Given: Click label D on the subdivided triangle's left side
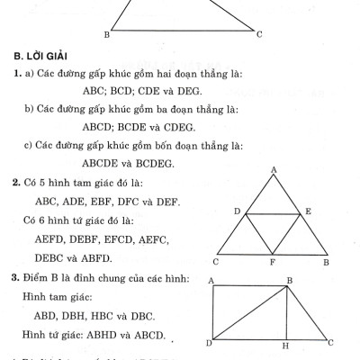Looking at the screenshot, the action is tap(236, 211).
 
